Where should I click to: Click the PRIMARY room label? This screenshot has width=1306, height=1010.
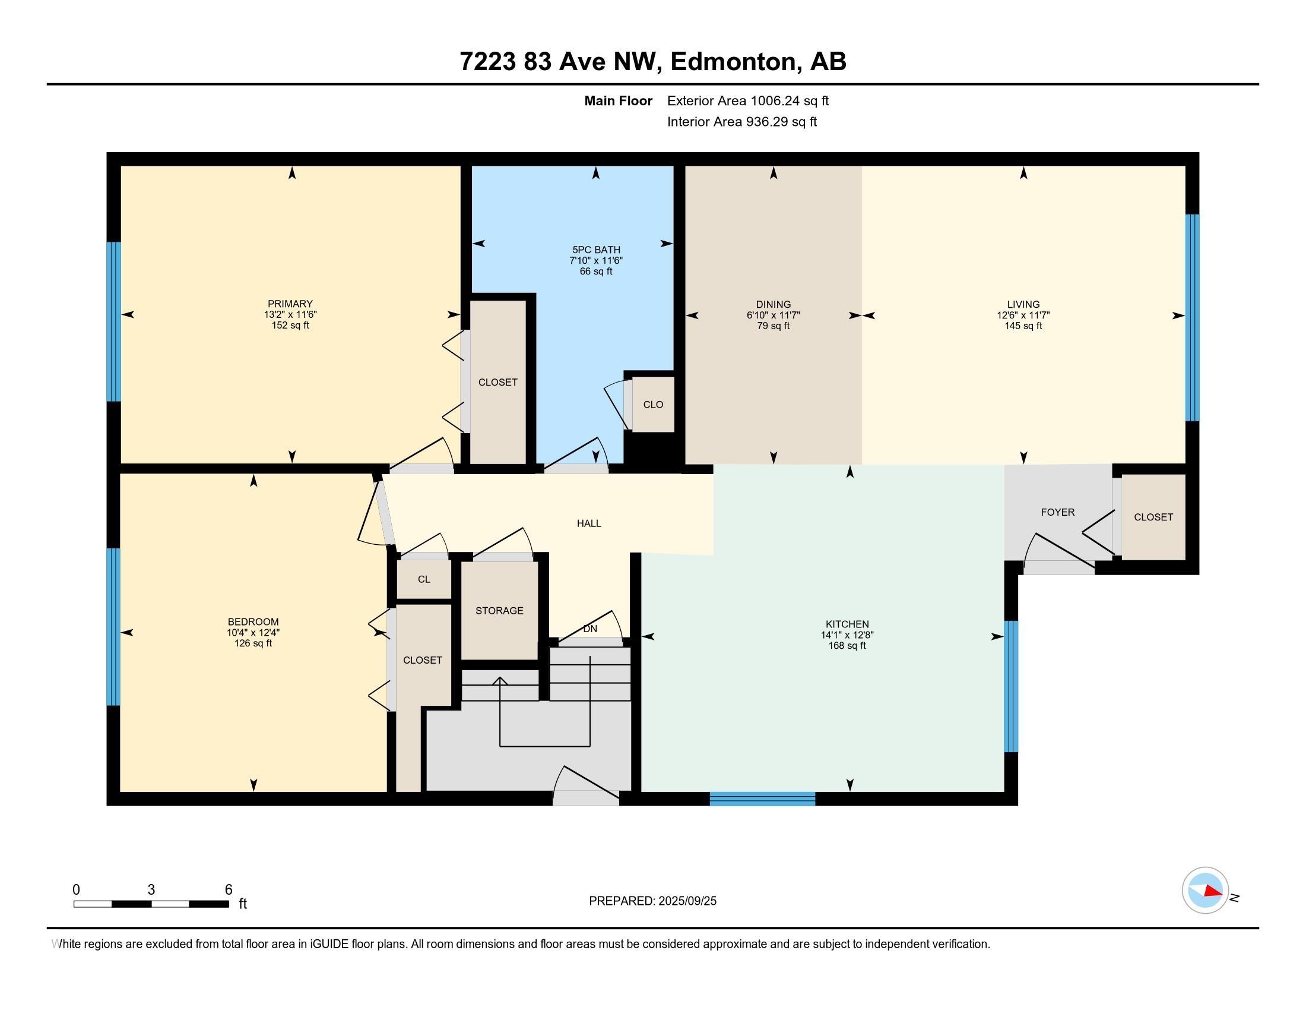point(290,304)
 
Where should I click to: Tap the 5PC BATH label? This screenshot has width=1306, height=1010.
point(596,250)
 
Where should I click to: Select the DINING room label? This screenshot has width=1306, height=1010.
point(773,305)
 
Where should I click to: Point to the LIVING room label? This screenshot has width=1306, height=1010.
point(1023,305)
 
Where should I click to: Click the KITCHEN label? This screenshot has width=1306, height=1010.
point(847,624)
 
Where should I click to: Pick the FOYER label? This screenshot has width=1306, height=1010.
point(1058,512)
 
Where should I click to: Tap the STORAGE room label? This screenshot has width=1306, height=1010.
point(499,611)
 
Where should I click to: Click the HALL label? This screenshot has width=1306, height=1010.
point(589,523)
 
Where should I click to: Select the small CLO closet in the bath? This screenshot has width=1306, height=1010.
point(653,405)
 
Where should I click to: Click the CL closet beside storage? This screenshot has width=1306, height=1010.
point(424,579)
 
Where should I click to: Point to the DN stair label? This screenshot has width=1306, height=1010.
point(590,629)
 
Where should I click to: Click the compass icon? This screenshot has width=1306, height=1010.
point(1205,891)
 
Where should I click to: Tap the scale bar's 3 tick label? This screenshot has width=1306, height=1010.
point(151,890)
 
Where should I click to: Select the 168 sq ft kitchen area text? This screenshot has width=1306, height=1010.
point(847,646)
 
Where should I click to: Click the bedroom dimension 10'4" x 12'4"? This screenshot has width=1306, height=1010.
point(253,633)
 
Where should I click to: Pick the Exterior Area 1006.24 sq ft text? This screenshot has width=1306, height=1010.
point(748,101)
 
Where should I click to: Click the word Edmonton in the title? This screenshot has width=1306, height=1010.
point(736,62)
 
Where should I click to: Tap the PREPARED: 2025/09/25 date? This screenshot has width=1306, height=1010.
point(652,901)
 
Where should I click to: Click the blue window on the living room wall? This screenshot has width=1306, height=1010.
point(1193,318)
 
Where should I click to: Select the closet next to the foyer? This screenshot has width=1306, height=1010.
point(1153,517)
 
